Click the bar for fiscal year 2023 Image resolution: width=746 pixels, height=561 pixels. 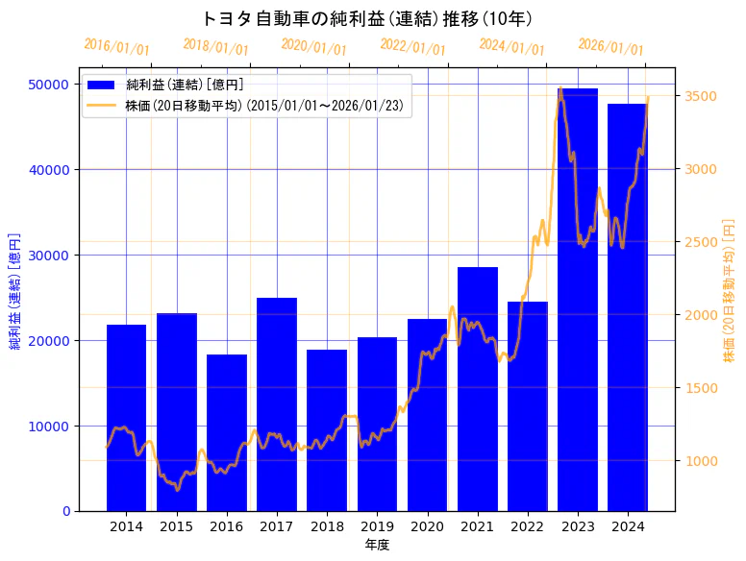tap(578, 299)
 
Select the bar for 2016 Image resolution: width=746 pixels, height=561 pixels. tap(227, 432)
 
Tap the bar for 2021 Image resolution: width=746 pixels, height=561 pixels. tap(478, 388)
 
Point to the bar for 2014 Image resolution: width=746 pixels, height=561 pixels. tap(126, 417)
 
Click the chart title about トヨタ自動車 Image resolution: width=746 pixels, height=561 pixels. tap(369, 18)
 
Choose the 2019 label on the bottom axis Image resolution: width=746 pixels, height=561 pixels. tap(377, 526)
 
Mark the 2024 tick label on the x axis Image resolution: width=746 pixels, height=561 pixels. tap(628, 526)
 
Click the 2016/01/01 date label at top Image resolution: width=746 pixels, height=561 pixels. tap(117, 46)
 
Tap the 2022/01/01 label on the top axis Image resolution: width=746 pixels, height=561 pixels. tap(412, 46)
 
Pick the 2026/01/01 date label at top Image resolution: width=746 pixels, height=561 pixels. tap(610, 46)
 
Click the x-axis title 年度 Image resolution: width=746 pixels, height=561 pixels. tap(377, 545)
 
